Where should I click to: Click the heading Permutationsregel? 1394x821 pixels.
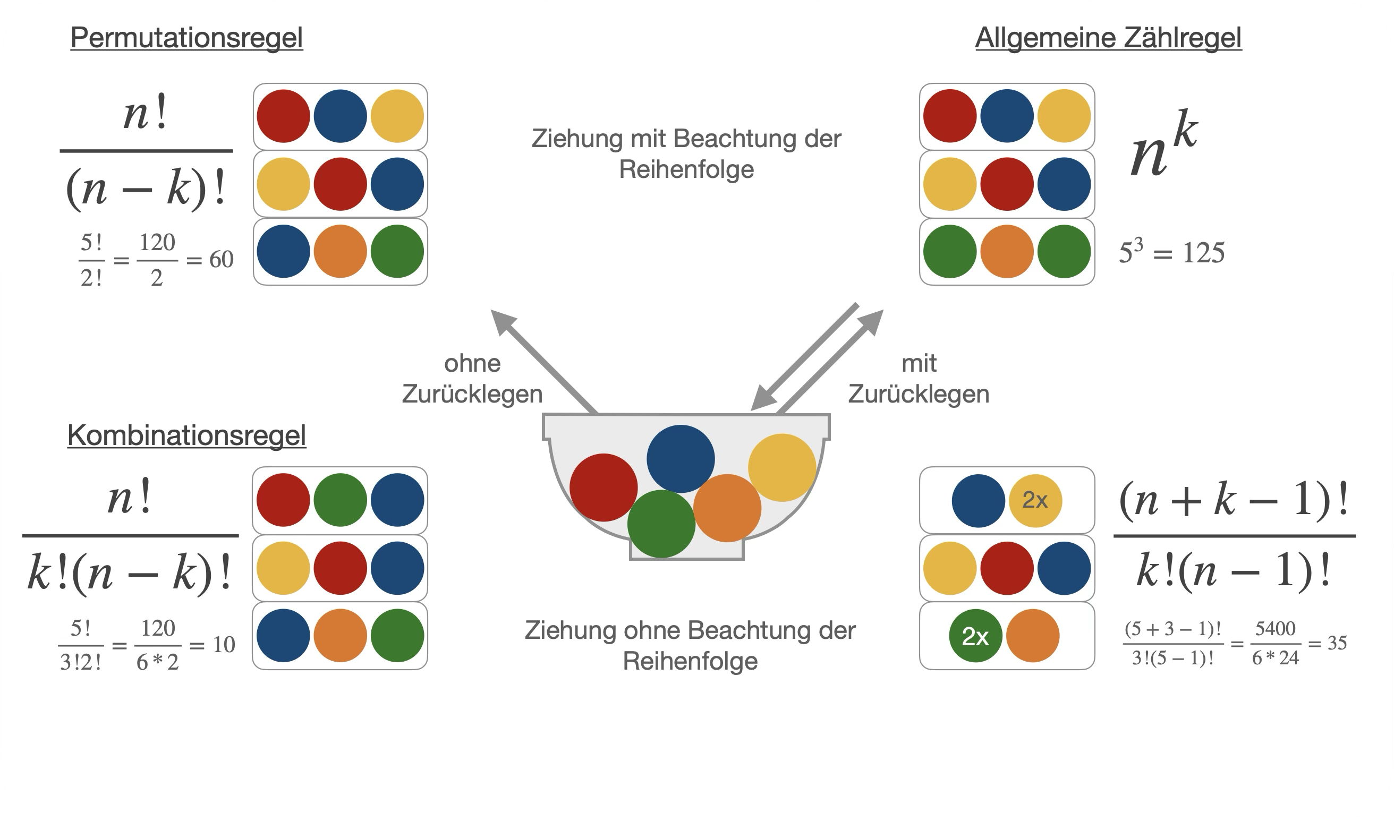coord(186,38)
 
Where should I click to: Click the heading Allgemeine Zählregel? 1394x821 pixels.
coord(1108,38)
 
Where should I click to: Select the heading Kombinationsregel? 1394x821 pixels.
coord(186,435)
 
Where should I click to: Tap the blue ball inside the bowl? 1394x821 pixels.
coord(680,459)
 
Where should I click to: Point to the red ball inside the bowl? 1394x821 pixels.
coord(602,488)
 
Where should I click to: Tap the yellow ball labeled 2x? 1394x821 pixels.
coord(1035,501)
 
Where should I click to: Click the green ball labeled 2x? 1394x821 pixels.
coord(975,636)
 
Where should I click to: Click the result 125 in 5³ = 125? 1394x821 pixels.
coord(1203,253)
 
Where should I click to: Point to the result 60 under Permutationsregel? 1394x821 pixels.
coord(222,260)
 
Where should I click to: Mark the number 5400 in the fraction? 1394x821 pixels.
coord(1275,629)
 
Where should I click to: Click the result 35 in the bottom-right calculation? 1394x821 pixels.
coord(1337,644)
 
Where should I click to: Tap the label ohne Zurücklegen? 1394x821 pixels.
coord(472,379)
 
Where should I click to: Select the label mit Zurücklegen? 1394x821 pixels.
coord(919,379)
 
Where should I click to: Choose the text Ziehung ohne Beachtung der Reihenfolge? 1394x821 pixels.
coord(690,646)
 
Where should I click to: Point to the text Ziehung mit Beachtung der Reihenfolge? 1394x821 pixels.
coord(686,154)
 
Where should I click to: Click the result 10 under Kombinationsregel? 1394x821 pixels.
coord(224,645)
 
